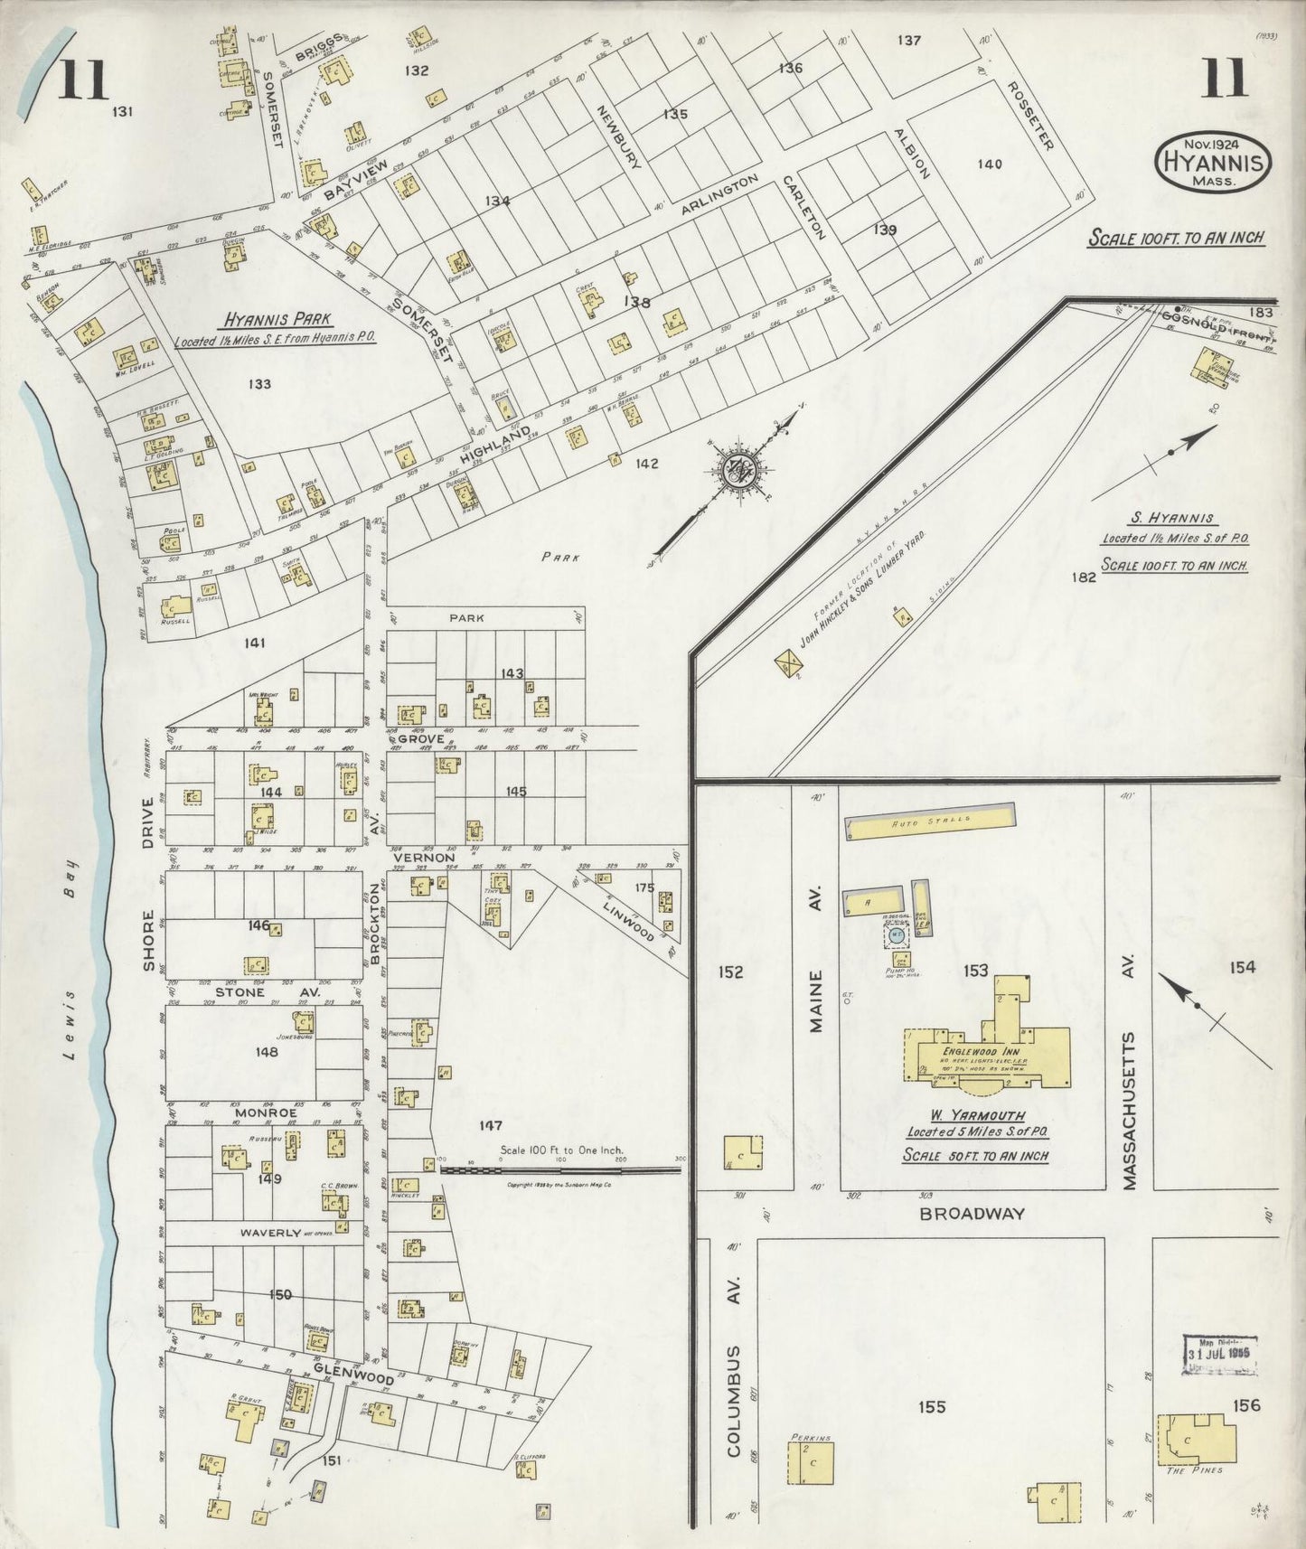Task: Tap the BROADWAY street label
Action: click(972, 1214)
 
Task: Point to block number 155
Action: click(931, 1406)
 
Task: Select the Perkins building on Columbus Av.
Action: click(810, 1462)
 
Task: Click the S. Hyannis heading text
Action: click(1174, 520)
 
